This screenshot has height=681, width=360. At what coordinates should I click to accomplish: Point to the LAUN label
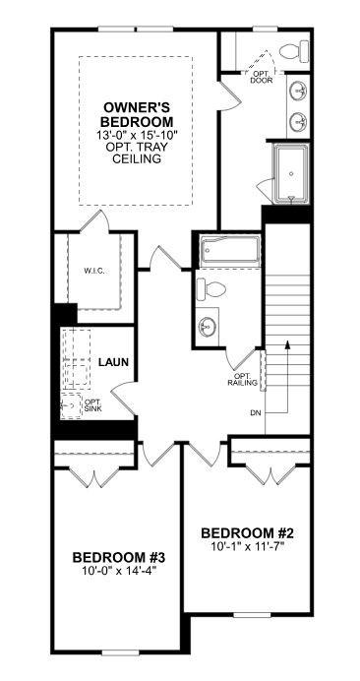pyautogui.click(x=114, y=361)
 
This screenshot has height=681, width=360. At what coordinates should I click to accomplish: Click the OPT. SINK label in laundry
pyautogui.click(x=92, y=405)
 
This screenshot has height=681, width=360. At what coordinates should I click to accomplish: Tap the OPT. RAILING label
pyautogui.click(x=242, y=380)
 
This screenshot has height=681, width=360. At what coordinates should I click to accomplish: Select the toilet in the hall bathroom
pyautogui.click(x=211, y=288)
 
